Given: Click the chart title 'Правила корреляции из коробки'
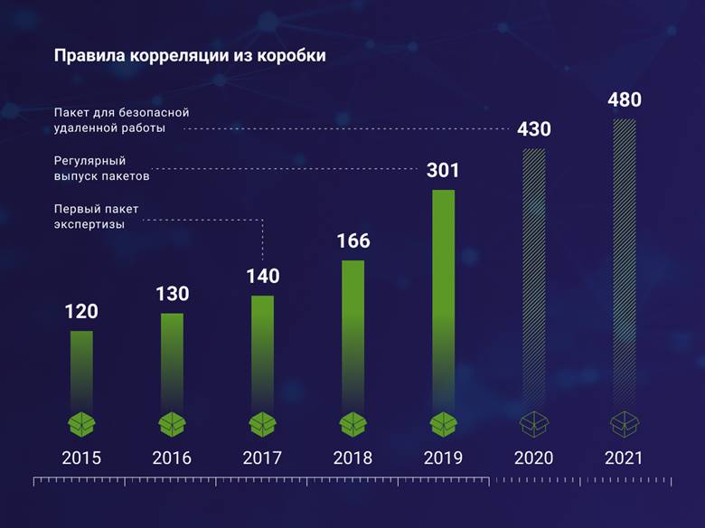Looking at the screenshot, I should click(190, 56).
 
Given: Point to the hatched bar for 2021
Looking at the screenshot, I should click(625, 262).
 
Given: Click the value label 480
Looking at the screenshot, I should click(625, 99).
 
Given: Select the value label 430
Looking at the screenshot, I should click(534, 129).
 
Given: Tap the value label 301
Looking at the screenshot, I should click(443, 170).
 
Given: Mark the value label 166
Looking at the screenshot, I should click(352, 241).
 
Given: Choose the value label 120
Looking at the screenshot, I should click(81, 312).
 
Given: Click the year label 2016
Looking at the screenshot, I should click(172, 457).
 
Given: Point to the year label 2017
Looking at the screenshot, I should click(262, 457).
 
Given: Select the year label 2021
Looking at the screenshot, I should click(625, 457).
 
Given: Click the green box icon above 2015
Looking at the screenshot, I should click(81, 423).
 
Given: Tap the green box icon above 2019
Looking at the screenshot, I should click(443, 423).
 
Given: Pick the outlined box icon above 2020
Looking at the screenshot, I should click(534, 423).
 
